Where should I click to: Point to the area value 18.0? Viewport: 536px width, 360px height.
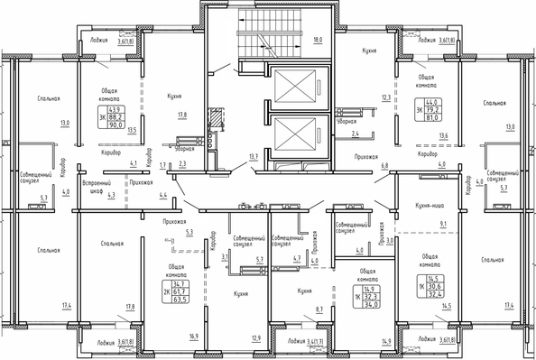point(317,41)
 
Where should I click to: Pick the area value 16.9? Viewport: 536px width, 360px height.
point(168,337)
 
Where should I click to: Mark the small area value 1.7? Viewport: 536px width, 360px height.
point(163,166)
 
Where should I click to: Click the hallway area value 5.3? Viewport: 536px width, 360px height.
point(189,233)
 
